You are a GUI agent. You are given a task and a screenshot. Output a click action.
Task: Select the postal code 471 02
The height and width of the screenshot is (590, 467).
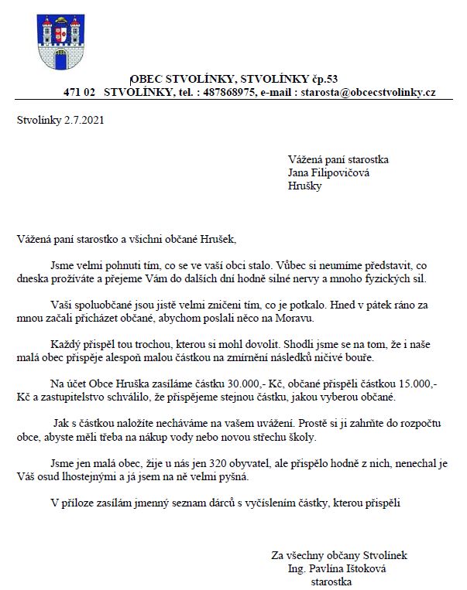(x=79, y=92)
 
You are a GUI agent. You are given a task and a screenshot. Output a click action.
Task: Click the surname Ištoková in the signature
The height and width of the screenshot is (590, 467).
(x=364, y=568)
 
